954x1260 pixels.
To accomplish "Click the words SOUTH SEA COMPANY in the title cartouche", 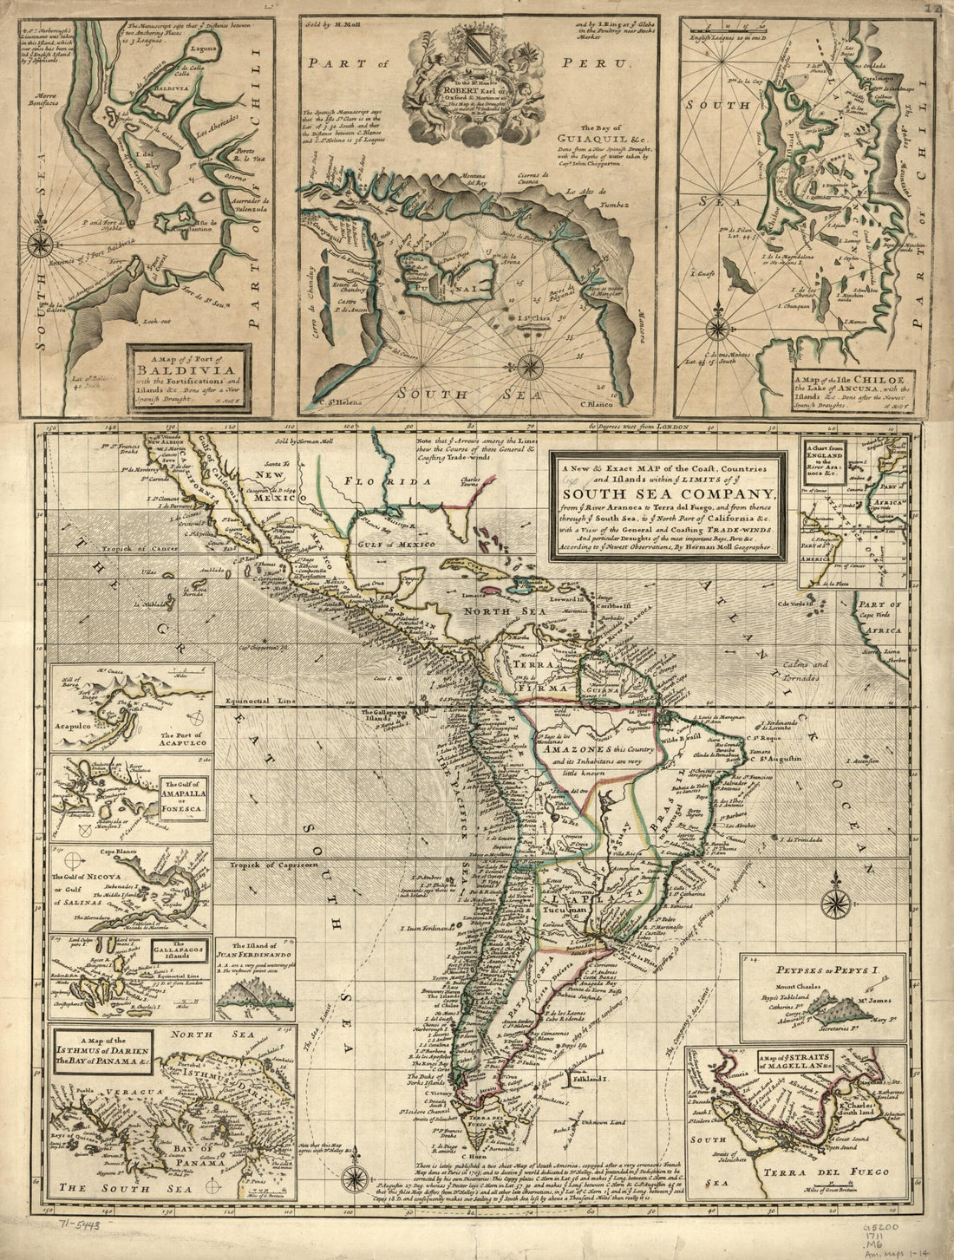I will click(674, 496).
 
